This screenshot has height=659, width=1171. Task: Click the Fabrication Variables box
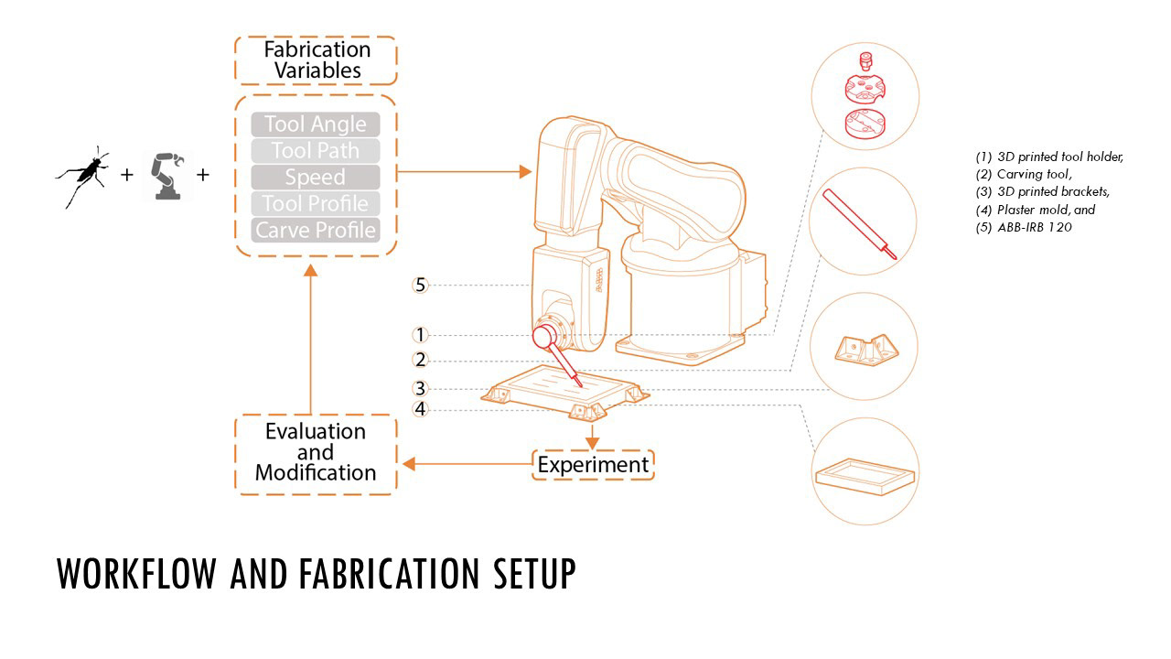point(316,60)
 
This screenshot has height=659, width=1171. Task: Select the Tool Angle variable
point(316,124)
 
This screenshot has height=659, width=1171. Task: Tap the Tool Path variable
point(316,151)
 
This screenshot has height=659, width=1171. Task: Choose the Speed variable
point(316,178)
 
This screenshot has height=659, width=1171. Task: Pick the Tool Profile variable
point(316,204)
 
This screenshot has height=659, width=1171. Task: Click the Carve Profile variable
point(316,231)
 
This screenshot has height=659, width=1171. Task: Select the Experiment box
point(593,465)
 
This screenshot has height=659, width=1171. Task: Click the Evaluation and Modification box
point(316,453)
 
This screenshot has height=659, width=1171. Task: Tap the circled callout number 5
point(420,286)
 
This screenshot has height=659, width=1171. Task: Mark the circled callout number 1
point(420,336)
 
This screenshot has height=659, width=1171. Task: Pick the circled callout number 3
point(420,388)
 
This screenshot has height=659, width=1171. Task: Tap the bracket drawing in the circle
point(864,348)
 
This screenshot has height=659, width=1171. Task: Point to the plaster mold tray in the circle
point(864,474)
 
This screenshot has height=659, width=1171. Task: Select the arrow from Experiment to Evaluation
point(467,465)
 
